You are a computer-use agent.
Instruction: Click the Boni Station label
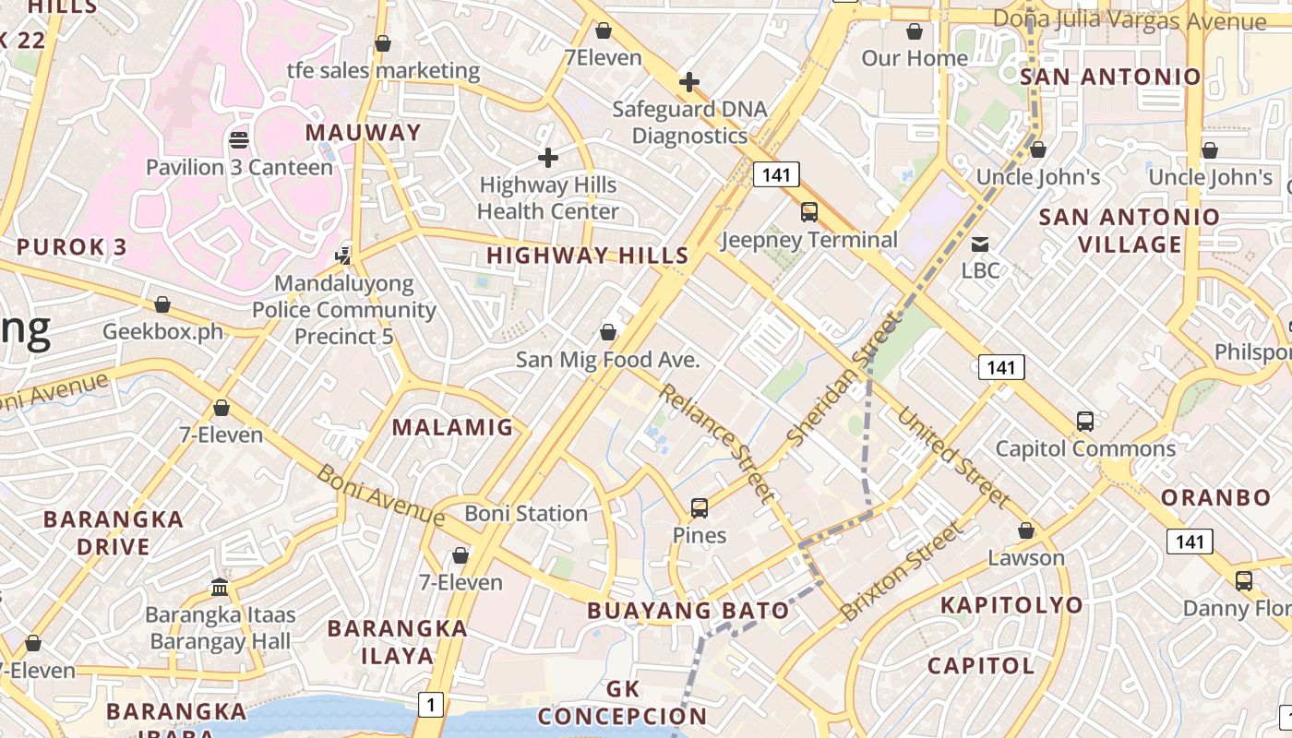(x=526, y=513)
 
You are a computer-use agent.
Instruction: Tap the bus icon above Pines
(x=700, y=508)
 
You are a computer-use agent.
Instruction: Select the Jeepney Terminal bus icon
(x=809, y=212)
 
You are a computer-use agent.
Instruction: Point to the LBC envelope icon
(x=980, y=244)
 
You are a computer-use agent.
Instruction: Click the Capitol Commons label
(x=1085, y=449)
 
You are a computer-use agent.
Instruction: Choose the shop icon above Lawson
(x=1026, y=531)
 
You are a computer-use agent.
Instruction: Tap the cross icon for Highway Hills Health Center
(x=548, y=158)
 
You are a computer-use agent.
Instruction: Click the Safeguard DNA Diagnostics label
(x=690, y=123)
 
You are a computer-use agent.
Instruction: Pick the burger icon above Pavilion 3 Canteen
(x=239, y=140)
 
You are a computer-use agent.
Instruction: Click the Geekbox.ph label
(x=163, y=331)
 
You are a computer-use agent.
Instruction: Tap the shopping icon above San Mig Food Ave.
(x=608, y=332)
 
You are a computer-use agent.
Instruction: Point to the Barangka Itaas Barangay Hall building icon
(x=220, y=587)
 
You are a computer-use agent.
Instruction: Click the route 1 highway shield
(x=430, y=705)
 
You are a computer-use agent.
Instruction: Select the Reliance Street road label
(x=716, y=441)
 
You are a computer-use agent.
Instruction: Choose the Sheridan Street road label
(x=843, y=379)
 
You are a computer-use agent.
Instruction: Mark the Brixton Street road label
(x=902, y=570)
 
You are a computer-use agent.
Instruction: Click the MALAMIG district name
(x=452, y=427)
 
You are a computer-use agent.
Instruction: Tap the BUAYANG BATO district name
(x=688, y=610)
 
